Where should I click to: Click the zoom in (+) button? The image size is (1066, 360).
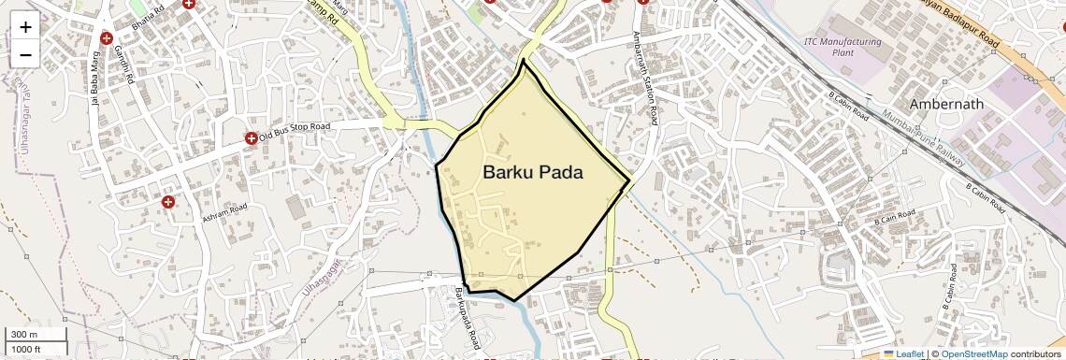(x=25, y=27)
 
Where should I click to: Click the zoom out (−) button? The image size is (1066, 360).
(x=25, y=54)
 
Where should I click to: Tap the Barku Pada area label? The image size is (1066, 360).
(x=533, y=173)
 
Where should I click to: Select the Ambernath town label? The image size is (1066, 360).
(x=947, y=104)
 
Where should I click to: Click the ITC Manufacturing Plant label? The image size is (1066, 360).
(x=843, y=47)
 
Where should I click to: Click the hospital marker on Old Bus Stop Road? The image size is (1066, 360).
(x=251, y=139)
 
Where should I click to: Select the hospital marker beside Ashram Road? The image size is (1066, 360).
(x=168, y=202)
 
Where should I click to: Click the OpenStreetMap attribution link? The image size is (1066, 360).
(x=973, y=353)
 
